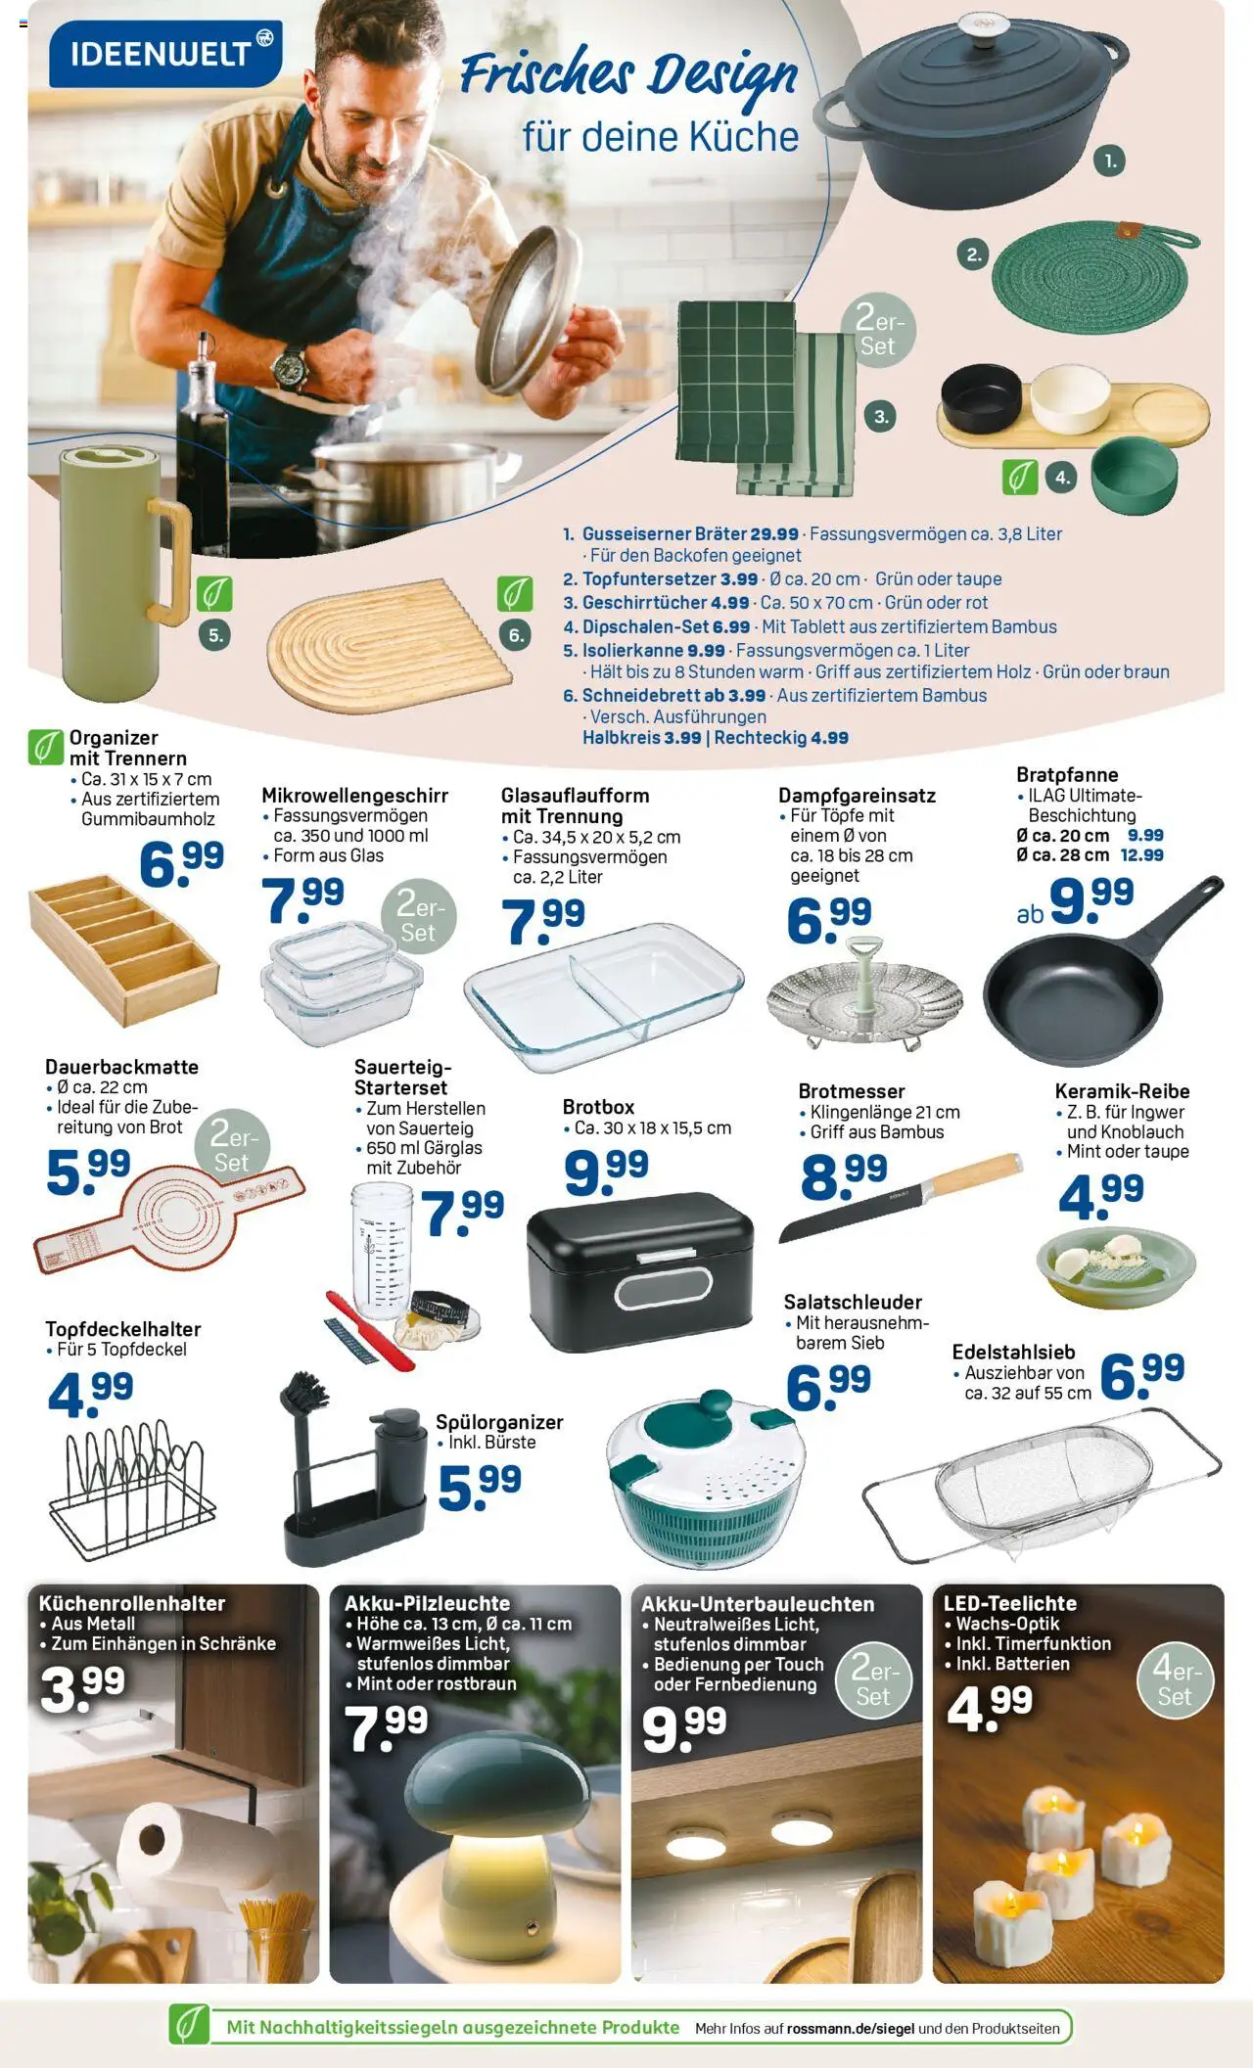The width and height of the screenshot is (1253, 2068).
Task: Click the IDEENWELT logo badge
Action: point(165,53)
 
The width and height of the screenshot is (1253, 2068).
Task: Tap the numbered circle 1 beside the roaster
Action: point(1109,161)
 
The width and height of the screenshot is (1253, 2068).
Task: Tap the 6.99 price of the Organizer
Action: point(181,862)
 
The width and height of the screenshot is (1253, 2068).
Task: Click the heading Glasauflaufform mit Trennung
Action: point(575,805)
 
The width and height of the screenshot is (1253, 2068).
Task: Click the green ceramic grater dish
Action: point(1116,1265)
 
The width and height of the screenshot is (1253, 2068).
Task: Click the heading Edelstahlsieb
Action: point(1013,1352)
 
